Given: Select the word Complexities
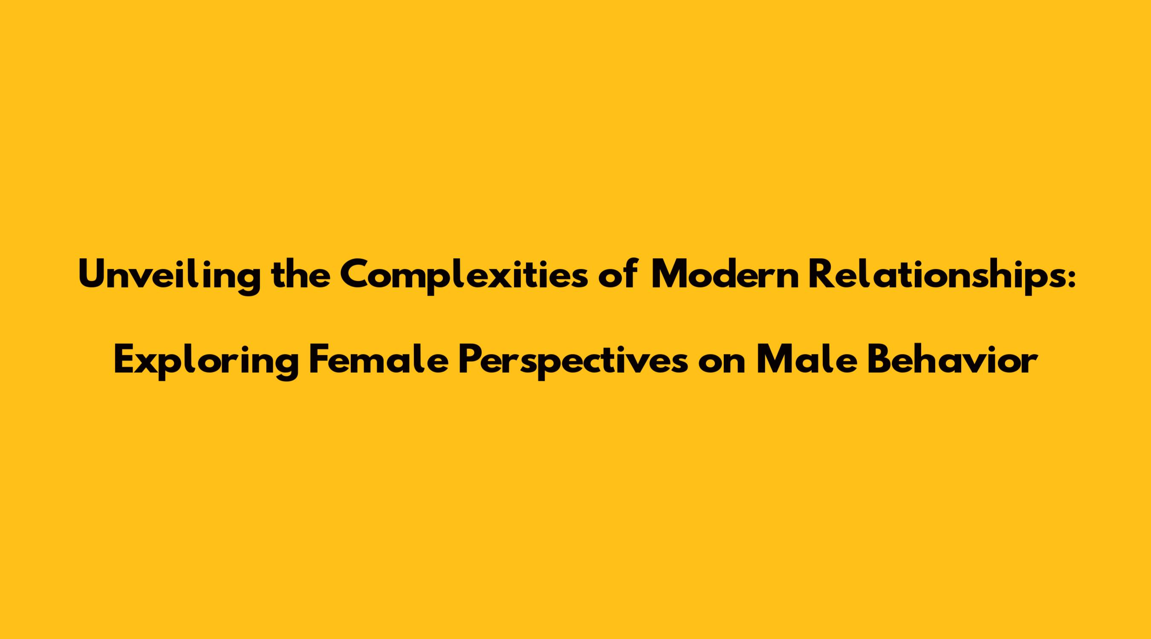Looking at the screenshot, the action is tap(464, 276).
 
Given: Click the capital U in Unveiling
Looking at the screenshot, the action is tap(93, 274).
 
